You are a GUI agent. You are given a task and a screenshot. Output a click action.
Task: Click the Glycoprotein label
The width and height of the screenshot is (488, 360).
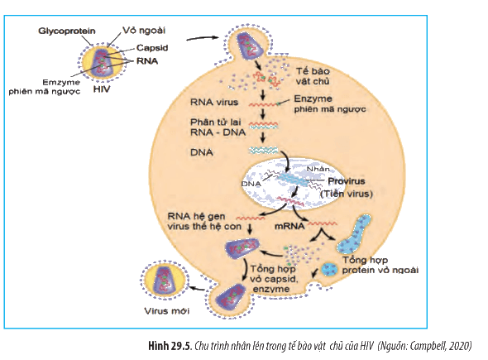click(x=67, y=31)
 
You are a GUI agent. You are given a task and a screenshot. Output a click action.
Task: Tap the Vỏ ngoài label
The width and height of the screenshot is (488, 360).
click(x=144, y=31)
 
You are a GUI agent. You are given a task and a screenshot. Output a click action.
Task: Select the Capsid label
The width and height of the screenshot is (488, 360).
click(x=152, y=48)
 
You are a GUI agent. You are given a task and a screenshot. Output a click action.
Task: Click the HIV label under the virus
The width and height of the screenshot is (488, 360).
click(x=102, y=89)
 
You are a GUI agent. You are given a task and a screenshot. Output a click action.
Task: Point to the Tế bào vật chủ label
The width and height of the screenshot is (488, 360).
click(x=313, y=76)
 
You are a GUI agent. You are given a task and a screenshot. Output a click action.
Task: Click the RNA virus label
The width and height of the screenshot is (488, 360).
click(x=214, y=102)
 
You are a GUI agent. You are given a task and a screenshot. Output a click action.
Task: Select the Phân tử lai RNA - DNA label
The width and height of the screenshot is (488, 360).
click(x=218, y=127)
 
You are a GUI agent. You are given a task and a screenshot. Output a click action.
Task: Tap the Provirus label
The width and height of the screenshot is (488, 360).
click(x=347, y=181)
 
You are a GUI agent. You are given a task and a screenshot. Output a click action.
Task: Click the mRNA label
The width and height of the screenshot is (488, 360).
click(x=289, y=227)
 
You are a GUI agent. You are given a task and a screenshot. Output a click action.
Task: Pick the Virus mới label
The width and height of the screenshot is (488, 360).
click(x=167, y=311)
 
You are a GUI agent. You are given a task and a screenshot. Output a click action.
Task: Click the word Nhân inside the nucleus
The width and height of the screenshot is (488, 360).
click(x=318, y=169)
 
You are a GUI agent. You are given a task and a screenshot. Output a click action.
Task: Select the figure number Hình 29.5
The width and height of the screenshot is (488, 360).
click(x=169, y=346)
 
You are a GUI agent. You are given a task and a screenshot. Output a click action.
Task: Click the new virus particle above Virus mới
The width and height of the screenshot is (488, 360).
click(x=164, y=281)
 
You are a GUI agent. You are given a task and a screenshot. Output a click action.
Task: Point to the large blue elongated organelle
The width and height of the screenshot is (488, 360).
click(x=353, y=233)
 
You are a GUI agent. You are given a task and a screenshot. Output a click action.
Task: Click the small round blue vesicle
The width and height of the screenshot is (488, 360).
click(x=329, y=269)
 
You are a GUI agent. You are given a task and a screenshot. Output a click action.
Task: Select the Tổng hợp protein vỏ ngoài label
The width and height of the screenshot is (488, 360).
click(x=380, y=265)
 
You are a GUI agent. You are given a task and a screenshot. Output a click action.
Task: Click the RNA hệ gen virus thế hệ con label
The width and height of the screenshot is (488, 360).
click(x=204, y=221)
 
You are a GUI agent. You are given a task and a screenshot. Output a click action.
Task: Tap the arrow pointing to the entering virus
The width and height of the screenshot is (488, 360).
click(x=203, y=38)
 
